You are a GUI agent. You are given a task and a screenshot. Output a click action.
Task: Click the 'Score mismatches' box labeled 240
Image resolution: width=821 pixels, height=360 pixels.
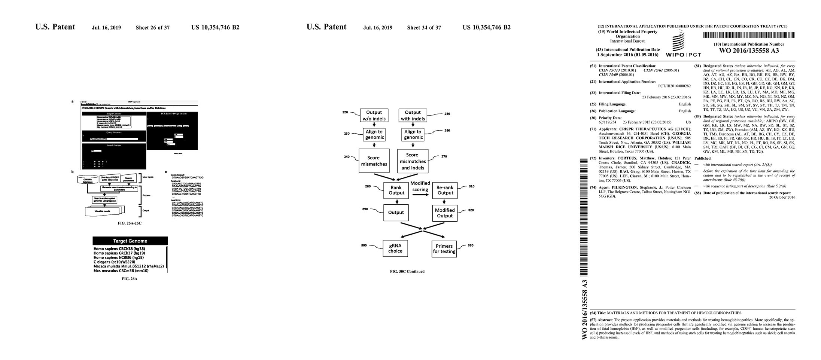[374, 161]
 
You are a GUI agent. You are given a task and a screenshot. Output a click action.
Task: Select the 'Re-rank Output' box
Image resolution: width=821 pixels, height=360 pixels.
[445, 190]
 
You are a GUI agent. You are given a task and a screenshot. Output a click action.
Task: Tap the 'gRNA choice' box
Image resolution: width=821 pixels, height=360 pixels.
[395, 248]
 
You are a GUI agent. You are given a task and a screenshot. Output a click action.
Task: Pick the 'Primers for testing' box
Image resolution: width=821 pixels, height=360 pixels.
[444, 248]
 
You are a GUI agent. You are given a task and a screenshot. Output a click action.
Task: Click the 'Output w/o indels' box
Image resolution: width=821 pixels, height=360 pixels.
[374, 115]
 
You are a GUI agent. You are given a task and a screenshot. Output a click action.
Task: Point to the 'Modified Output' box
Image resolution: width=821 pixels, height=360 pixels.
[445, 213]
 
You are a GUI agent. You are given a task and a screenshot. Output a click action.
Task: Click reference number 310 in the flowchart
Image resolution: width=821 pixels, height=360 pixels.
[471, 186]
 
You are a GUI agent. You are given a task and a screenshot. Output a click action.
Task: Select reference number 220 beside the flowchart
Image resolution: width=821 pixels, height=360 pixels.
[345, 112]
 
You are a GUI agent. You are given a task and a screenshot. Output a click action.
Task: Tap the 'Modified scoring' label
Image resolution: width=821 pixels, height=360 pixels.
[420, 186]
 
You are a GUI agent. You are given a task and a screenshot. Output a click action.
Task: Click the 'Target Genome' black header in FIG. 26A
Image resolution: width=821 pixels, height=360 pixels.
[130, 241]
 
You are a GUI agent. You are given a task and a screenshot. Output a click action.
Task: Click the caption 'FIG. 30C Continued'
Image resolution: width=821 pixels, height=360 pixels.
[407, 272]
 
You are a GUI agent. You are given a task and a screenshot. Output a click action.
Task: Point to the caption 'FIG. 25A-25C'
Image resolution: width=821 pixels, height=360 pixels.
[130, 223]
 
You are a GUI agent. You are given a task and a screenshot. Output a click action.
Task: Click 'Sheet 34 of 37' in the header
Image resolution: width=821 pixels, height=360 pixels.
[424, 28]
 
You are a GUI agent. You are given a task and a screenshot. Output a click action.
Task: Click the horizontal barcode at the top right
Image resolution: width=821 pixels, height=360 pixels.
[749, 35]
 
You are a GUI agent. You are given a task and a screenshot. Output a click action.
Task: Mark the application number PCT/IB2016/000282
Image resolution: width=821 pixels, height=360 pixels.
[674, 86]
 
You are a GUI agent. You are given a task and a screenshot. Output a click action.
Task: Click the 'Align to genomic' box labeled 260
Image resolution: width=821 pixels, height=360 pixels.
[413, 134]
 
